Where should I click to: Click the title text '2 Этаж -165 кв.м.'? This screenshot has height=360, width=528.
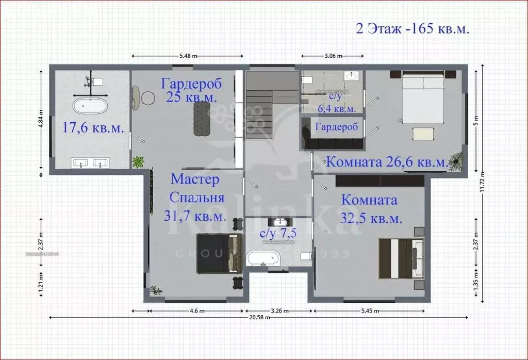point(412,28)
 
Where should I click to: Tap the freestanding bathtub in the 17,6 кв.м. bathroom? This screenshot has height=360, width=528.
point(90,107)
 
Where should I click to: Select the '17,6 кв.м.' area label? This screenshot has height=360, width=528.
point(93,128)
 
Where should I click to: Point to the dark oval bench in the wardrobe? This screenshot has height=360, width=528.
point(202,118)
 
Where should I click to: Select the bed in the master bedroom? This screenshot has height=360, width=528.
point(219,253)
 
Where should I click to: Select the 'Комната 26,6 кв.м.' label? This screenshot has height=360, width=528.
point(387,162)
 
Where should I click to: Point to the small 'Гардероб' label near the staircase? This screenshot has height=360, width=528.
point(333,127)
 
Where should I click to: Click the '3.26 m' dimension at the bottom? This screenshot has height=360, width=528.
point(278,311)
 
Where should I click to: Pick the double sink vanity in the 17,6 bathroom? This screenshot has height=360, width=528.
point(90,163)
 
